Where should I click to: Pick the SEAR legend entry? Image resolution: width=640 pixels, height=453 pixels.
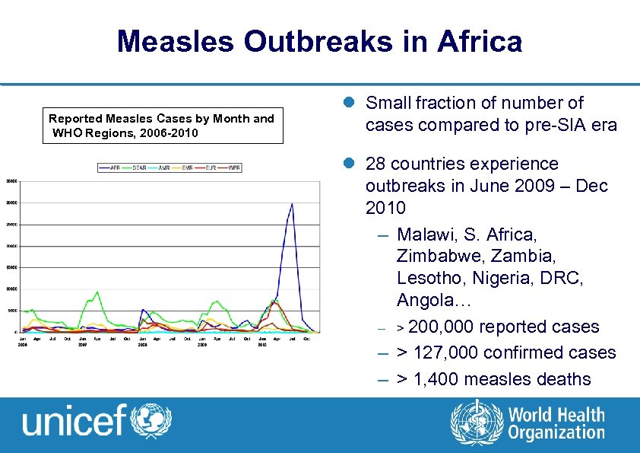(138, 167)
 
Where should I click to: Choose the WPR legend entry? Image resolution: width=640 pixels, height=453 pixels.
(233, 167)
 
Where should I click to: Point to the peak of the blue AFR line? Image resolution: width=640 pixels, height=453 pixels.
(292, 203)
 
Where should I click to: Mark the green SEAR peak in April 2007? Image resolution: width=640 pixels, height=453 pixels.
(97, 292)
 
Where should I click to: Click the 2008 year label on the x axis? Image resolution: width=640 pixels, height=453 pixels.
(142, 344)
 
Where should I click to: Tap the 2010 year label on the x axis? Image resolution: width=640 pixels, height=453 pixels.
(261, 344)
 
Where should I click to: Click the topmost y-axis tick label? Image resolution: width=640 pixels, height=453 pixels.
(11, 181)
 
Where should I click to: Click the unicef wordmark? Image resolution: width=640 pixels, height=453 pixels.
(74, 421)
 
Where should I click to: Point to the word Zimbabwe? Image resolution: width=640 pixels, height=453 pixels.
(438, 254)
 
